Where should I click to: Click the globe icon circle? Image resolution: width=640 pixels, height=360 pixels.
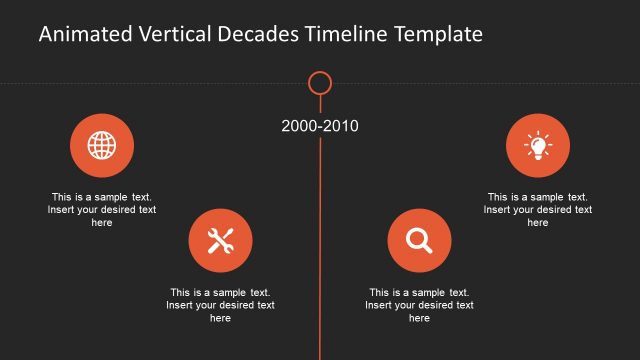(102, 146)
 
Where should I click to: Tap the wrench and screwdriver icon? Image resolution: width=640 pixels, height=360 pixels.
(220, 241)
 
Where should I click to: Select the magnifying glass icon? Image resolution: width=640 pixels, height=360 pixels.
(419, 241)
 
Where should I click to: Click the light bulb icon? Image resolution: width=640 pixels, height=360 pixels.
(538, 146)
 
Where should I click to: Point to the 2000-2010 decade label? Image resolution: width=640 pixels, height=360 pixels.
(320, 126)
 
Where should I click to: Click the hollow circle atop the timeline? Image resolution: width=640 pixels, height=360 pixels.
(320, 83)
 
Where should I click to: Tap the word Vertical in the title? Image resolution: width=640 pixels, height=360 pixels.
(171, 35)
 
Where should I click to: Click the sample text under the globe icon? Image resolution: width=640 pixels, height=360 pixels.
(102, 210)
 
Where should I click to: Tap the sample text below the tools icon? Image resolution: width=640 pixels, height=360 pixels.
(220, 305)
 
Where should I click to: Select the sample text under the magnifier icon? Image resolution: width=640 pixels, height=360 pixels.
(419, 305)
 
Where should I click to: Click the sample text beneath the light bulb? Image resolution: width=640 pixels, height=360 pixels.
(538, 210)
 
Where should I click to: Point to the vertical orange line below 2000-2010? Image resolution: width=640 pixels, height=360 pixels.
(320, 250)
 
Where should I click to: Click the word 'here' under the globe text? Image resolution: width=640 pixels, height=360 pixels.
(102, 223)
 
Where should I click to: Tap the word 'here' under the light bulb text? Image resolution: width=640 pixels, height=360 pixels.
(538, 223)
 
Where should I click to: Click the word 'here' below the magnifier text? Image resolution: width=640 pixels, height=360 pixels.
(419, 318)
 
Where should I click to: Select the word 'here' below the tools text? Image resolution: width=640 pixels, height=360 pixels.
(220, 318)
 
